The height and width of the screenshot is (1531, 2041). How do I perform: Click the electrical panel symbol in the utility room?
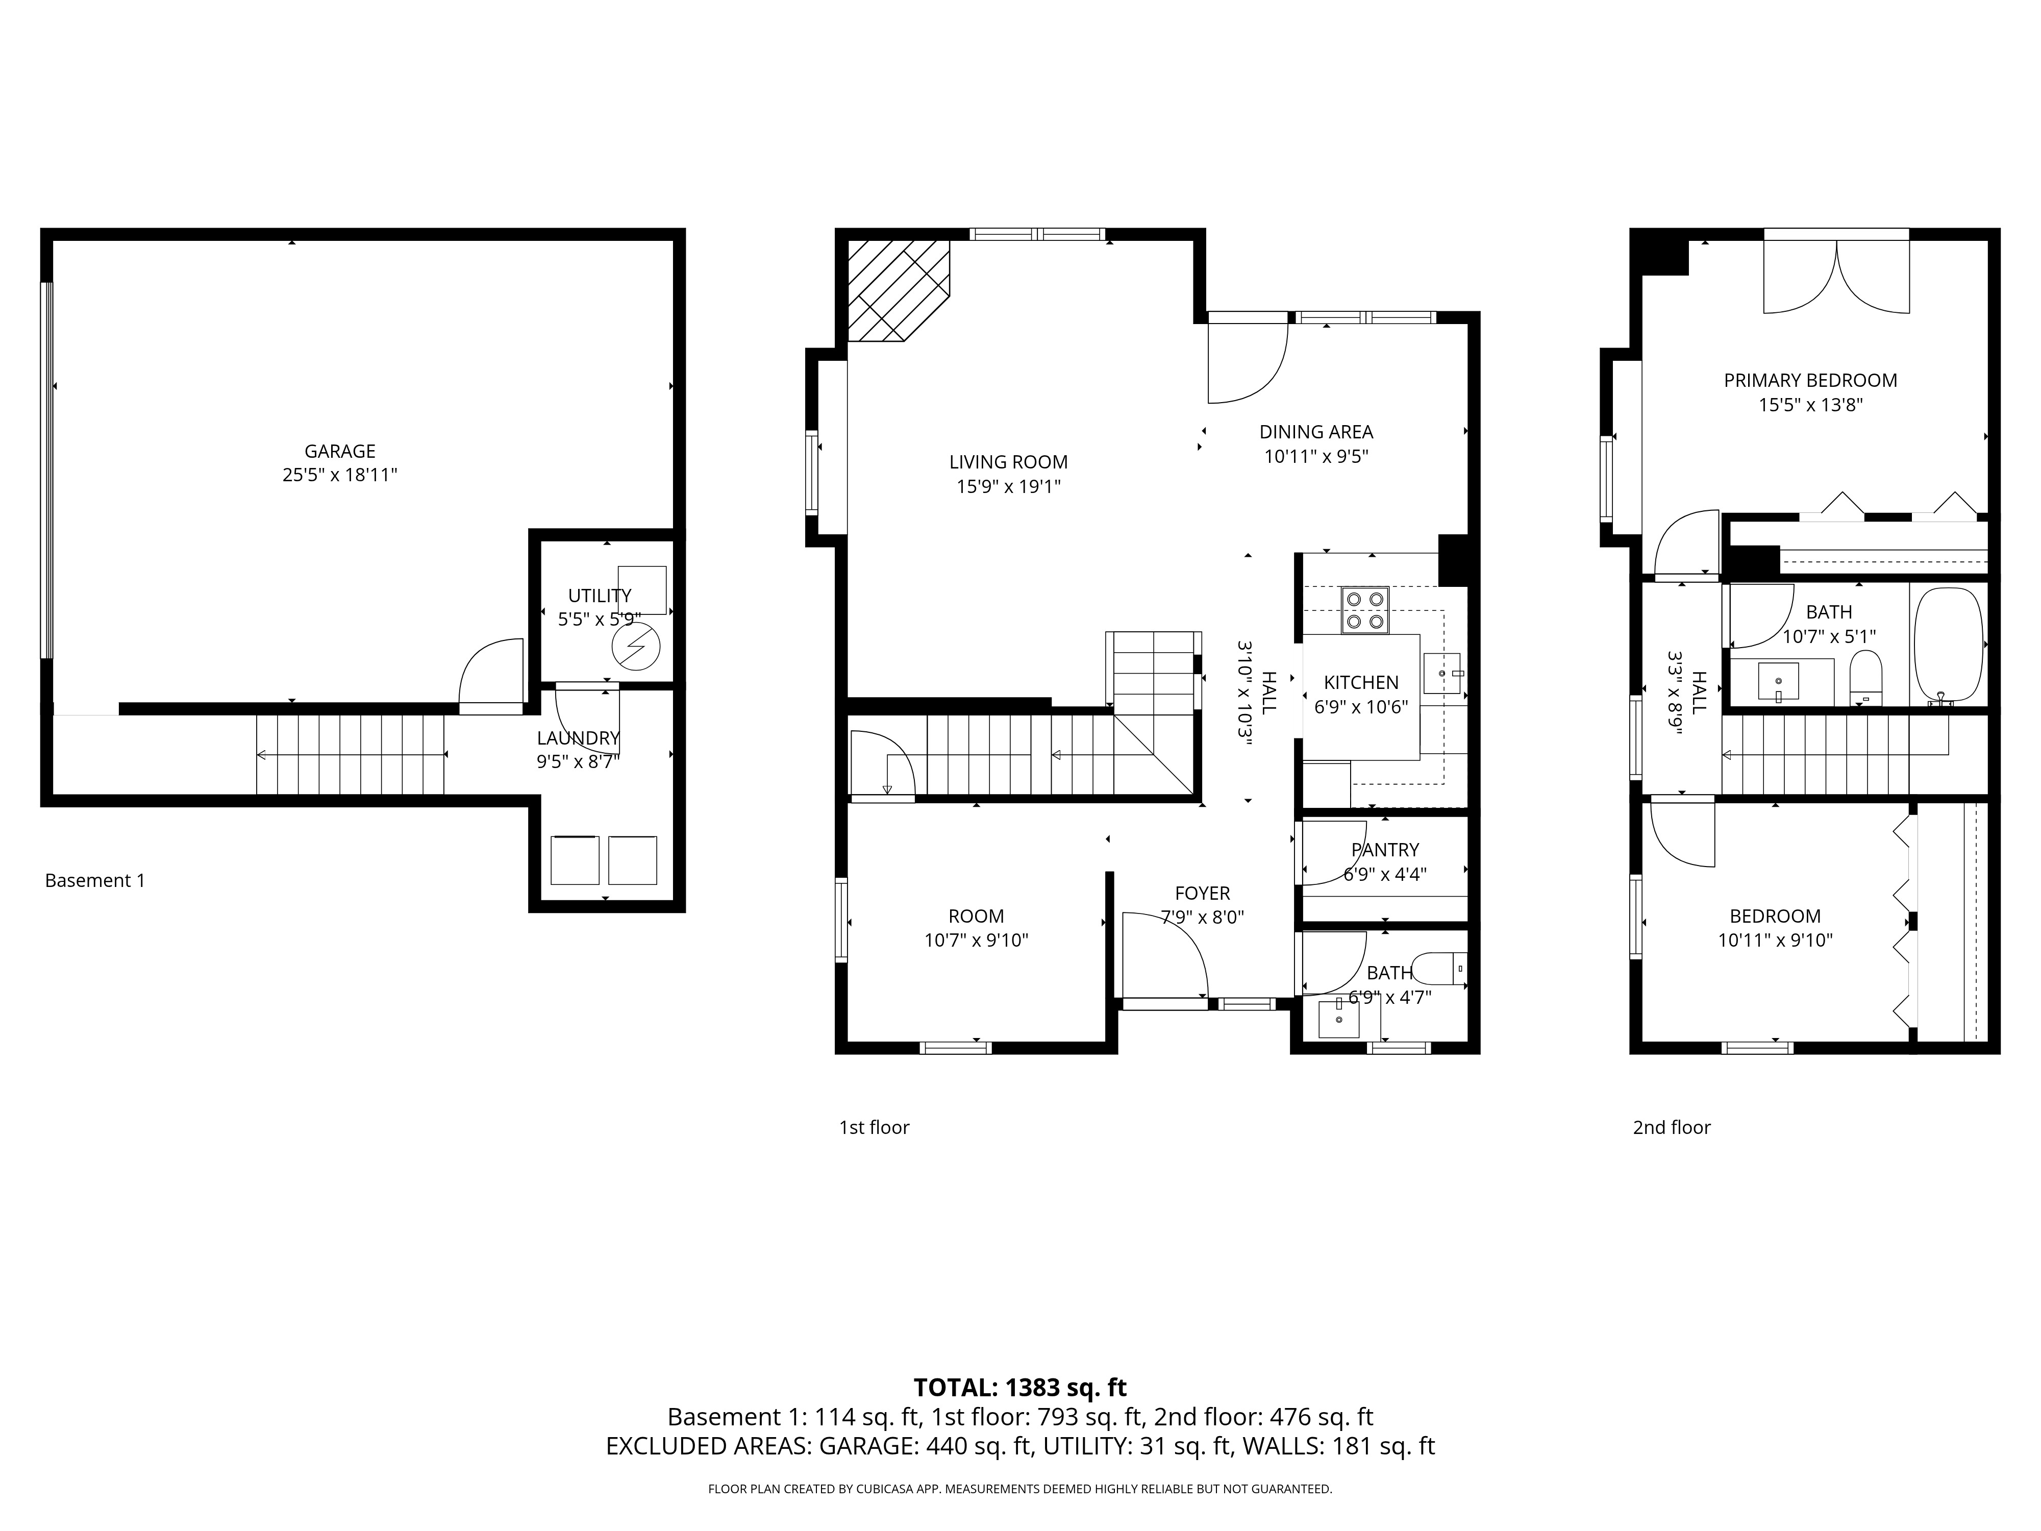click(x=636, y=646)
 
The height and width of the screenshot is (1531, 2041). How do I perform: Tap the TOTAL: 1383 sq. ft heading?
click(x=1019, y=1387)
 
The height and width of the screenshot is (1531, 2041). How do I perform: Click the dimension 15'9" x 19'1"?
click(x=1008, y=486)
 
